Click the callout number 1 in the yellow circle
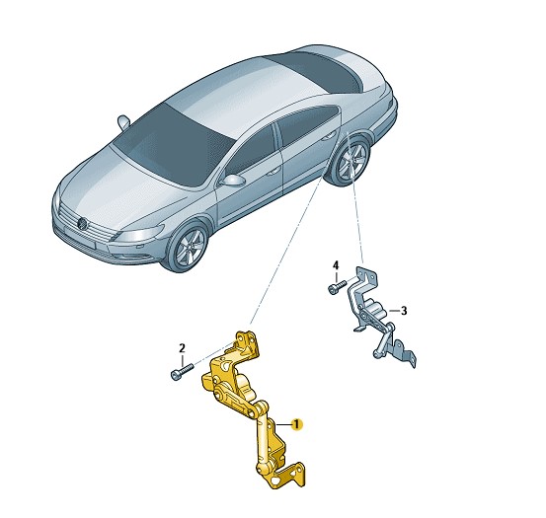point(296,424)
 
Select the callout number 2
point(182,348)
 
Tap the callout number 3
point(404,311)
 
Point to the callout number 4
point(336,265)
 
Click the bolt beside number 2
point(182,371)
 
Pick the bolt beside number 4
point(337,287)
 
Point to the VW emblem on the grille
point(83,223)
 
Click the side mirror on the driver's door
point(233,181)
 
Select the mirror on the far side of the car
point(123,121)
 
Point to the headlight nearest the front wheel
point(138,233)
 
